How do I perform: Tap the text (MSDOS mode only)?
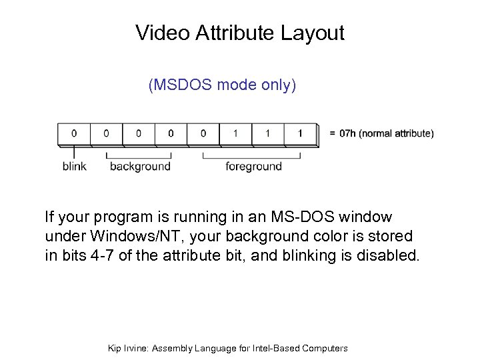click(223, 86)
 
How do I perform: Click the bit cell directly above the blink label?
click(74, 133)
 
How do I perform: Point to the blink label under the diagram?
click(74, 166)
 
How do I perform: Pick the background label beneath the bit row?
click(140, 166)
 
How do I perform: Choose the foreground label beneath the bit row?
click(253, 166)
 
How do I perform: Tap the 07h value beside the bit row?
click(347, 133)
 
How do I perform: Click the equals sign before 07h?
click(332, 133)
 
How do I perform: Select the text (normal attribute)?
click(397, 133)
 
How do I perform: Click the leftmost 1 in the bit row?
click(235, 133)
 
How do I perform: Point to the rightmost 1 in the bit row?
click(300, 133)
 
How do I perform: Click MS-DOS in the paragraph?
click(297, 217)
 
